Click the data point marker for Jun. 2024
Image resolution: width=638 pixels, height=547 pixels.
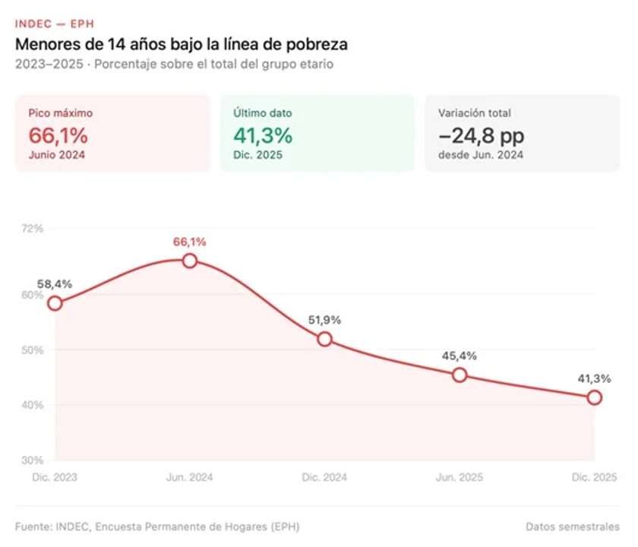(x=190, y=261)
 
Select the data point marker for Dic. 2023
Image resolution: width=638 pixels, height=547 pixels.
(x=55, y=303)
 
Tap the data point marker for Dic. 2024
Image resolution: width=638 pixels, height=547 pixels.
(x=324, y=339)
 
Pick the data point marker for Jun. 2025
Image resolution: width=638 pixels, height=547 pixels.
(x=460, y=375)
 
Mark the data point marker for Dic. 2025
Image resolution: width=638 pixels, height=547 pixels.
(x=595, y=397)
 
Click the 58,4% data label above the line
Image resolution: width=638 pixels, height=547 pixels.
(x=55, y=284)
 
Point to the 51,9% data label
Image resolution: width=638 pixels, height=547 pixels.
(x=324, y=320)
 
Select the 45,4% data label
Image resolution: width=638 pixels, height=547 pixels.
(x=460, y=356)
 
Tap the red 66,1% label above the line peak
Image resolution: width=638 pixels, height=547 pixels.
(x=190, y=242)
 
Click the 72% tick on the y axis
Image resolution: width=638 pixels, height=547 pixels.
(x=32, y=228)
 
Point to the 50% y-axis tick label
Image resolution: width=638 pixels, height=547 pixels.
(x=32, y=350)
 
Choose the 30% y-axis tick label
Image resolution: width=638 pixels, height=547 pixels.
(x=32, y=460)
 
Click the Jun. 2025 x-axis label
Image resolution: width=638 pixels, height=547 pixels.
(x=460, y=477)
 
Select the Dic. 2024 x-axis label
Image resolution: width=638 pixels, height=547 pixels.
(x=324, y=477)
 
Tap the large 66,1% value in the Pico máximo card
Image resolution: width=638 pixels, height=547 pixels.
(x=58, y=136)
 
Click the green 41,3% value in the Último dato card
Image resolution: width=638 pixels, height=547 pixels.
(x=263, y=136)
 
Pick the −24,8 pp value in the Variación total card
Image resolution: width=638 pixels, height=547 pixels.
(x=481, y=136)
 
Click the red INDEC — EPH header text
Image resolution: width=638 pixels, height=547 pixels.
(x=55, y=24)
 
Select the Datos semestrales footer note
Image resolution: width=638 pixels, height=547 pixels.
(x=572, y=526)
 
